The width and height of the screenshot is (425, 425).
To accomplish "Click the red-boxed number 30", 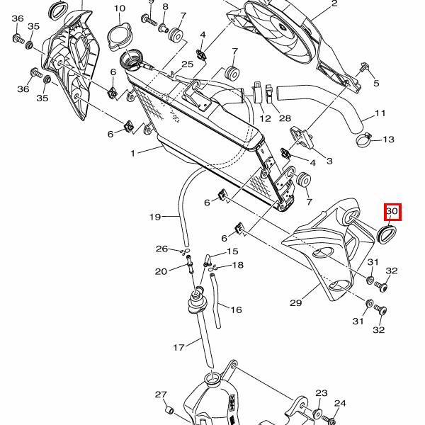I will tap(392, 212).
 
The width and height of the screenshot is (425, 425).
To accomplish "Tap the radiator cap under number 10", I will tap(119, 35).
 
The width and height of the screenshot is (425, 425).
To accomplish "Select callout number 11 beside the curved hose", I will tap(380, 113).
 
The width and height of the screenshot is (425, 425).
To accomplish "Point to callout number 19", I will tap(155, 217).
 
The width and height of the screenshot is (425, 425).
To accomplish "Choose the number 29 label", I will tap(296, 303).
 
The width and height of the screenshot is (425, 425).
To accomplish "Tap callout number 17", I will tap(179, 347).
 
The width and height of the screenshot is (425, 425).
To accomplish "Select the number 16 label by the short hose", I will tap(236, 310).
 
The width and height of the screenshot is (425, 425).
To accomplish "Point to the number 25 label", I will tap(187, 64).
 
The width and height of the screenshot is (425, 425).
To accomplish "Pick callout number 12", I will tap(266, 118).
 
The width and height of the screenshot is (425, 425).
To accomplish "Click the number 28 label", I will tap(285, 118).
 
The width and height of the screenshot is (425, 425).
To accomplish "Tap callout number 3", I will tap(329, 161).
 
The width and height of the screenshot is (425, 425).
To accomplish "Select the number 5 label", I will tap(376, 84).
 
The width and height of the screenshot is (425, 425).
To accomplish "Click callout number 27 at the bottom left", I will tap(161, 395).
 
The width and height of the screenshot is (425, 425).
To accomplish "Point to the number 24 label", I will tap(340, 403).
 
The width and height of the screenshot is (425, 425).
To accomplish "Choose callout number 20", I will tap(161, 271).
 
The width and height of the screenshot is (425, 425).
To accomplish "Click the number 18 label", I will tap(237, 265).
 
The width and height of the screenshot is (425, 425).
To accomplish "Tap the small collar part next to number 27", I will tap(170, 410).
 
